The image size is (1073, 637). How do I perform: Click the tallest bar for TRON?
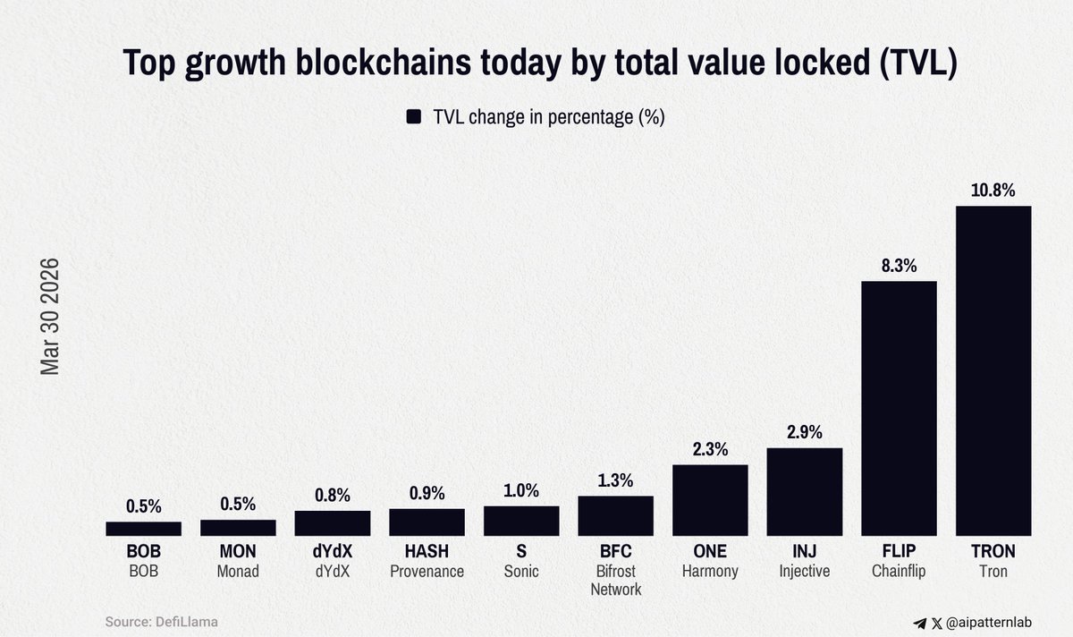coord(993,371)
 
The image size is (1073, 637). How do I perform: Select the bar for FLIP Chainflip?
coord(899,409)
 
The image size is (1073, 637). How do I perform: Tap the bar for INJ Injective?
coord(805,492)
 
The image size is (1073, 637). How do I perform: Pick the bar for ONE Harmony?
coord(710,500)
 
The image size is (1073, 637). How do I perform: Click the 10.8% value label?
coord(993,191)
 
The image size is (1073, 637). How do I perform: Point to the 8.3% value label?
coord(899,266)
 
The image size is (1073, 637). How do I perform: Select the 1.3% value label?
coord(615,480)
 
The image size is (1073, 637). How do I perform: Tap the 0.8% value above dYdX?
coord(332,496)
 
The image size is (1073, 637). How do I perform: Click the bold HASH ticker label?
coord(427,552)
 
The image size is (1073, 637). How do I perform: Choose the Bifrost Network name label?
coord(615,581)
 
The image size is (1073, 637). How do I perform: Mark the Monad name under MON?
coord(238,572)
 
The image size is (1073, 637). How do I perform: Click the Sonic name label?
coord(521,572)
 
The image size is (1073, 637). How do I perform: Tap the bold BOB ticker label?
coord(143,552)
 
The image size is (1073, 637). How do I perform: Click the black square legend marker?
coord(414,117)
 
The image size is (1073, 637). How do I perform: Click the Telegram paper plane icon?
coord(920,623)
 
